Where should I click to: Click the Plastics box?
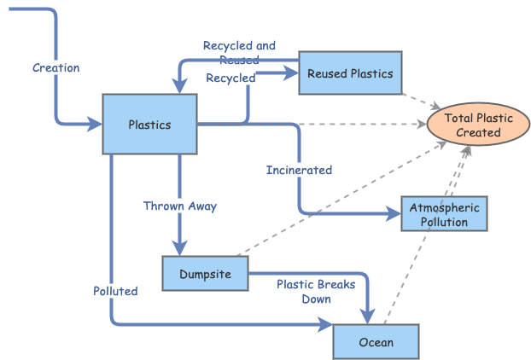[x=149, y=125]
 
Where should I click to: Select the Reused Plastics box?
[x=350, y=73]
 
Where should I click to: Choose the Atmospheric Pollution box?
[x=444, y=214]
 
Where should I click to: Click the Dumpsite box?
[x=204, y=274]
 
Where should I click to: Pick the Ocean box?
[x=376, y=342]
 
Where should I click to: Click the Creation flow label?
[x=55, y=67]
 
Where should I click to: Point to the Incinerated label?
[x=299, y=170]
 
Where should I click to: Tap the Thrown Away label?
[x=180, y=206]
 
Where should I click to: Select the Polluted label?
[x=115, y=291]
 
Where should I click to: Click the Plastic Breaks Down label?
[x=316, y=292]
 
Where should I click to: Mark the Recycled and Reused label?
[x=239, y=52]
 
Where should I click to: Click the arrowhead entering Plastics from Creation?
[x=94, y=125]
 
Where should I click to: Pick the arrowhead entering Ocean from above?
[x=368, y=316]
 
